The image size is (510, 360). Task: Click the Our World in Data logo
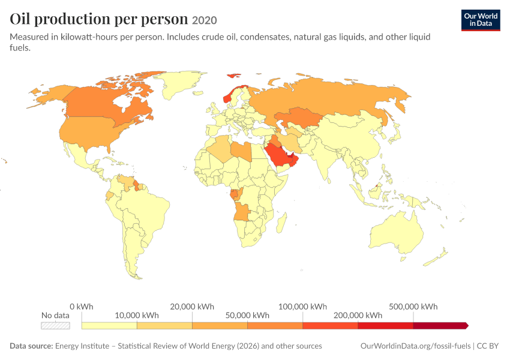[x=481, y=20]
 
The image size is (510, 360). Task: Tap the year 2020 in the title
[x=204, y=20]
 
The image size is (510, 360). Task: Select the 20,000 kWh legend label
[x=192, y=307]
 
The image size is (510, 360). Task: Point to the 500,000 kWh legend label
[x=413, y=307]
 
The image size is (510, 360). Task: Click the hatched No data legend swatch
[x=55, y=326]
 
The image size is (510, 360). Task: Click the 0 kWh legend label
[x=82, y=307]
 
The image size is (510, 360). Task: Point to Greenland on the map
[x=180, y=83]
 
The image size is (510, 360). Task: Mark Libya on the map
[x=241, y=151]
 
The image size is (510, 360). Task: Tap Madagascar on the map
[x=281, y=223]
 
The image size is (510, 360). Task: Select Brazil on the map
[x=146, y=214]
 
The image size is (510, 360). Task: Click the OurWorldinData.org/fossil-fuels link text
[x=415, y=346]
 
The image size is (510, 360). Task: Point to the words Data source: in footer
[x=31, y=346]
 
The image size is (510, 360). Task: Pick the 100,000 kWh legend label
[x=302, y=307]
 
